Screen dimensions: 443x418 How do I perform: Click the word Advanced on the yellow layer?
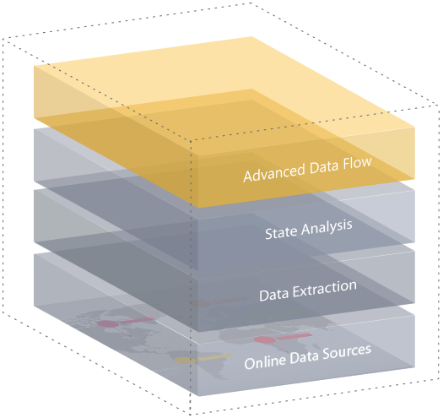tap(273, 172)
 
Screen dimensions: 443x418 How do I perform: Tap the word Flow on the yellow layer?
tap(357, 163)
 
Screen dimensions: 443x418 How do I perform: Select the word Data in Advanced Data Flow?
tap(324, 167)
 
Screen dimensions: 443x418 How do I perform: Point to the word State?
tap(281, 233)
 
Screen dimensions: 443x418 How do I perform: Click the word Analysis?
tap(327, 228)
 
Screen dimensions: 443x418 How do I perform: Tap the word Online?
tap(265, 361)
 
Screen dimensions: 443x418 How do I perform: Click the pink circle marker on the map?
tap(108, 323)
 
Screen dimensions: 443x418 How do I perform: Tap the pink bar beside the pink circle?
tap(138, 320)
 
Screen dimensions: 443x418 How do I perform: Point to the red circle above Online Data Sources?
tap(265, 339)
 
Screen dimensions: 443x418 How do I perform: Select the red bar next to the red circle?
tap(294, 336)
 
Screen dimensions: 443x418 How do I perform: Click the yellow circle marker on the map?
tap(185, 361)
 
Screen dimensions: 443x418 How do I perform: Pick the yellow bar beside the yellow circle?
tap(215, 357)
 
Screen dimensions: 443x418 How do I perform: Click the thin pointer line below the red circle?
tap(281, 348)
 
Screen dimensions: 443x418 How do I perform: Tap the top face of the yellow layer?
tap(224, 94)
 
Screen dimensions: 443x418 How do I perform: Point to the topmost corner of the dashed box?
tap(251, 3)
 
